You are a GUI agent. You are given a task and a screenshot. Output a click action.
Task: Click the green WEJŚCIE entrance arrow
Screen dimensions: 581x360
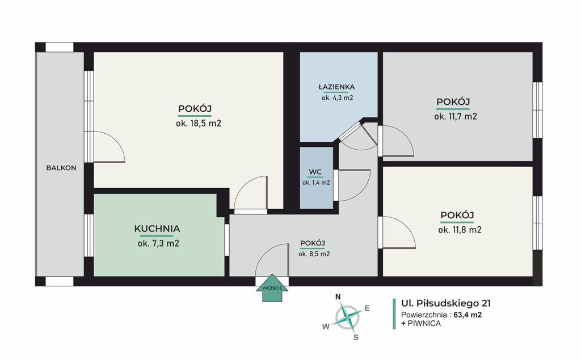point(272,288)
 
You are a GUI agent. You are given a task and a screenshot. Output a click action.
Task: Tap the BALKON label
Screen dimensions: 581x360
point(61,168)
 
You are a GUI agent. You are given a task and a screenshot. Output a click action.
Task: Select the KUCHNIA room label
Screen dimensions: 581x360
point(157,228)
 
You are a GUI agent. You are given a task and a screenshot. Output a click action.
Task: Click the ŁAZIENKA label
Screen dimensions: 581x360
point(336,87)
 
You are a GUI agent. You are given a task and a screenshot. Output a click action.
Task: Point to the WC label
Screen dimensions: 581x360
point(315,172)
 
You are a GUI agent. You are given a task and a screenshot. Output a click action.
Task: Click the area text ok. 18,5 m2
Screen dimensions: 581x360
point(199,124)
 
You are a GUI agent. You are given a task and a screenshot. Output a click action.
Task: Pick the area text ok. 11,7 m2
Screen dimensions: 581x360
point(456,116)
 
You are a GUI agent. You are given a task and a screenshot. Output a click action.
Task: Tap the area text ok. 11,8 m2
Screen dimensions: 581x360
point(460,230)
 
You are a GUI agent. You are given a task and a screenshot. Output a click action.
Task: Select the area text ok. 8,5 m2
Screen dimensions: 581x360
point(314,254)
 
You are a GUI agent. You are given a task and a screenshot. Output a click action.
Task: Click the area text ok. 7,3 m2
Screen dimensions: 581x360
point(158,243)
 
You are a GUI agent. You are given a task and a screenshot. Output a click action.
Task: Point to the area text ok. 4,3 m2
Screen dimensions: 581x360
point(337,98)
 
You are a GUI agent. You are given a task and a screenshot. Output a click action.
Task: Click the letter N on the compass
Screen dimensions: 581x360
point(338,297)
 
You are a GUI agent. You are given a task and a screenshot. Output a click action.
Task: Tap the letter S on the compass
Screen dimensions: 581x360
point(356,337)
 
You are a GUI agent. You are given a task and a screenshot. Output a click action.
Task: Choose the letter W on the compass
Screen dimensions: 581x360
point(326,327)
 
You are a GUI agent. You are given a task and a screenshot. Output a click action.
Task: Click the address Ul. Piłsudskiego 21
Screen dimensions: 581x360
point(446,304)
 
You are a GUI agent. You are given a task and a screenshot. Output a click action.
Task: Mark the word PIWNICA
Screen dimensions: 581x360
point(424,323)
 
